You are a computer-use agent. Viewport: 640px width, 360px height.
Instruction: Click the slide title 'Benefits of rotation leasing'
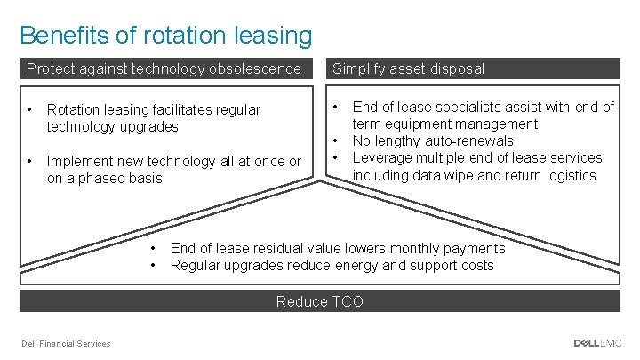(x=165, y=35)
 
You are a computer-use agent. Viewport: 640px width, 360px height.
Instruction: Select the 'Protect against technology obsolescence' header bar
(x=164, y=68)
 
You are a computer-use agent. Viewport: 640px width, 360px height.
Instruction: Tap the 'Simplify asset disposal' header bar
(x=472, y=68)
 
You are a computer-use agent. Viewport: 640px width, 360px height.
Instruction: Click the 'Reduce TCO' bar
(x=320, y=301)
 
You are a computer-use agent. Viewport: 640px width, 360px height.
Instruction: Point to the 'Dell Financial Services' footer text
(x=67, y=344)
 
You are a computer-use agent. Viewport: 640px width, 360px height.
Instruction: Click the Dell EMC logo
(x=597, y=343)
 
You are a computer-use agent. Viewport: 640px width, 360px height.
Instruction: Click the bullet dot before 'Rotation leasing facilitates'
(x=30, y=109)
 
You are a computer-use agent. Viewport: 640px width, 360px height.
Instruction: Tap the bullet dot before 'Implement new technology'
(x=30, y=161)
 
